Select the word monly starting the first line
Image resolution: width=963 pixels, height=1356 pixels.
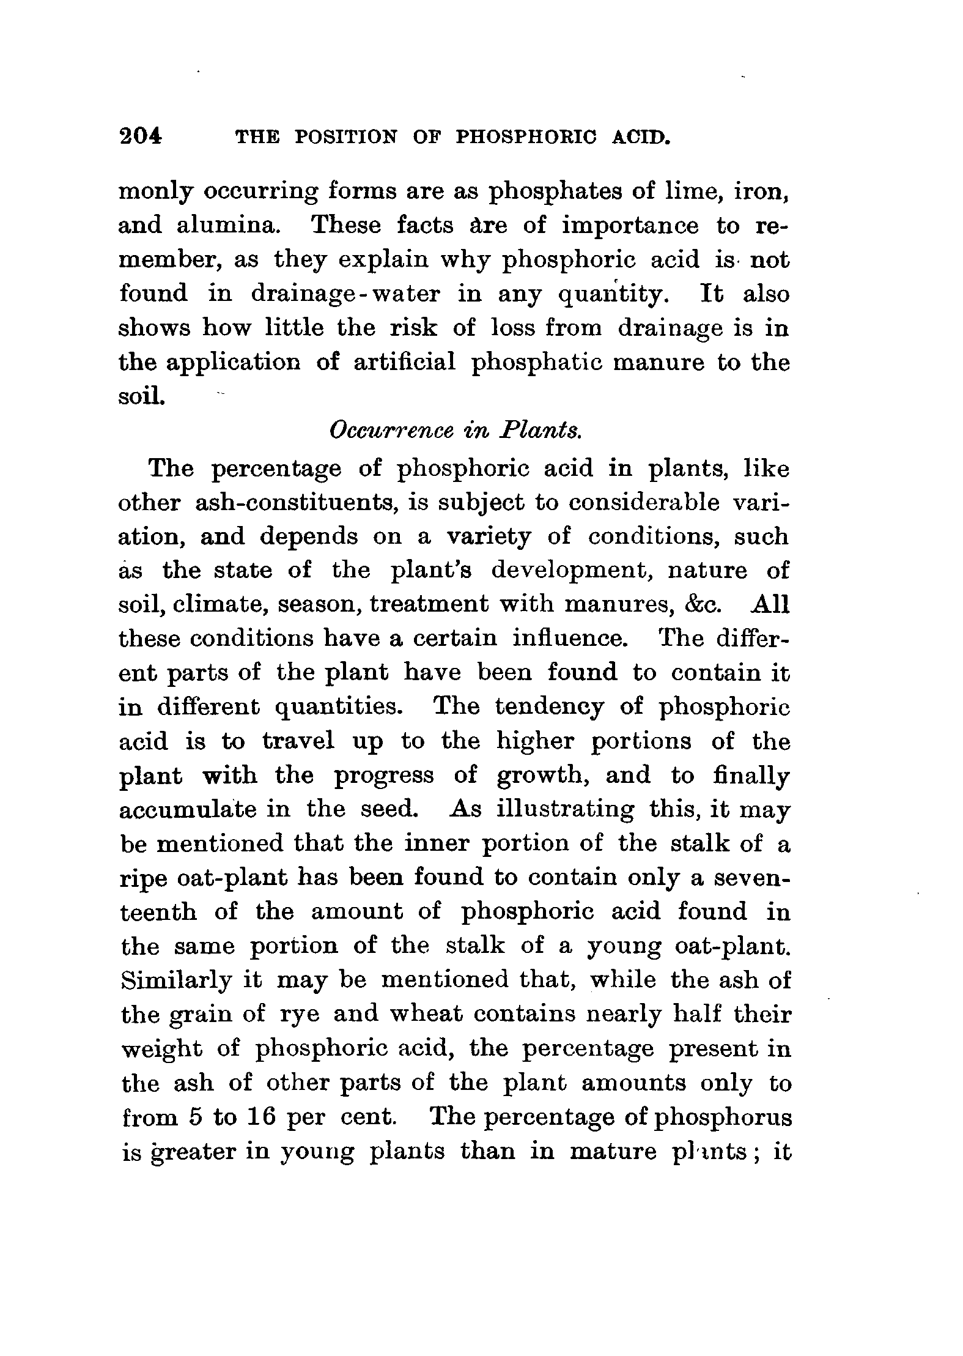click(155, 193)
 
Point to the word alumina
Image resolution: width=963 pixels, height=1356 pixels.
click(229, 226)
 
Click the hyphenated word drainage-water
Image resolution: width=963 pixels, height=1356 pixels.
click(345, 294)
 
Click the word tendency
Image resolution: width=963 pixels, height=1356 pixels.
click(549, 707)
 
